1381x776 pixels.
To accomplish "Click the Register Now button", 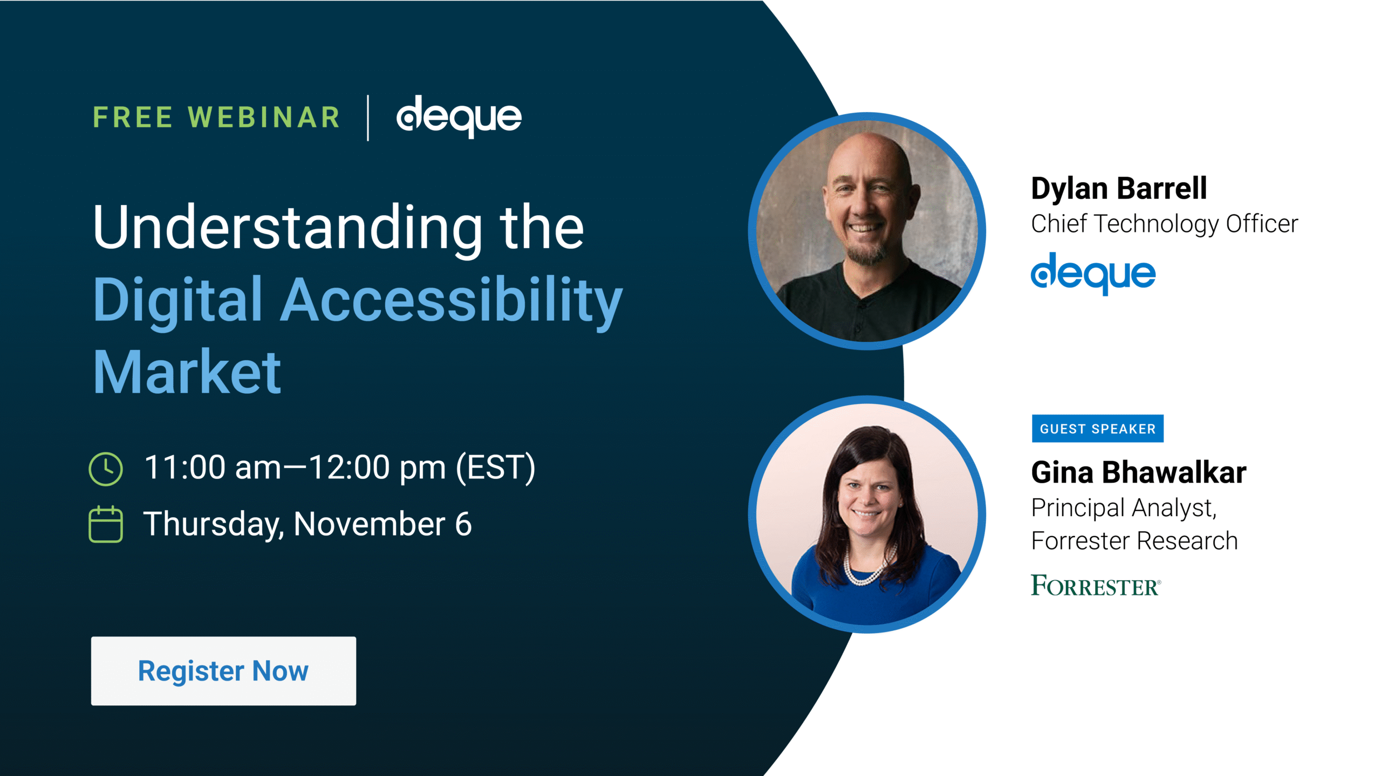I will click(223, 670).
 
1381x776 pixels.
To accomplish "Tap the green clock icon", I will click(106, 469).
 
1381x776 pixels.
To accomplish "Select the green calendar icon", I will click(106, 524).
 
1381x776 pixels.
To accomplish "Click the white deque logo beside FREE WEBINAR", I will click(459, 116).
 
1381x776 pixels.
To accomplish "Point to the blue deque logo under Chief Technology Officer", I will click(1093, 273).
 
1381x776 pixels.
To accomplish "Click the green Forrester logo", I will click(1096, 586).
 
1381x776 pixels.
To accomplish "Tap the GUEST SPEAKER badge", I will click(1097, 429).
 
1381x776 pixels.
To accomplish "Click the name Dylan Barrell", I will click(1119, 189).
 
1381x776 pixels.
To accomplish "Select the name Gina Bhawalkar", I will click(1138, 472).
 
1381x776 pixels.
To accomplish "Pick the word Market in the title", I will click(187, 372).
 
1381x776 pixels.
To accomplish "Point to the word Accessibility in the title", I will click(452, 300).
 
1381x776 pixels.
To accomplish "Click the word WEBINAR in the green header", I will click(264, 118).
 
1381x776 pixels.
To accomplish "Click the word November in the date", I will click(369, 524).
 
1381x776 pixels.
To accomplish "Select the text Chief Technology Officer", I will click(1164, 224).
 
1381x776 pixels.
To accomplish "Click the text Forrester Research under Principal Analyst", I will click(1134, 541).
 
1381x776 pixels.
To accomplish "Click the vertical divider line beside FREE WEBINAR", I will click(368, 118).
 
